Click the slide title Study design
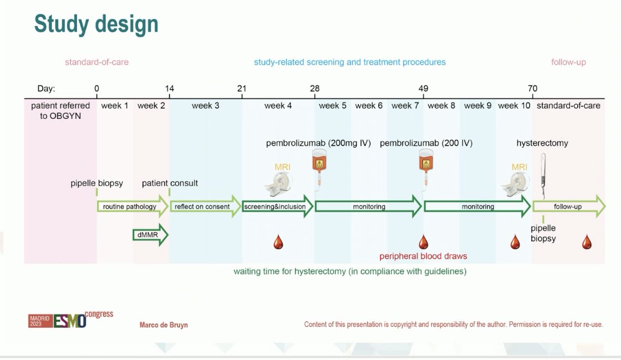96,24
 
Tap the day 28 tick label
314,88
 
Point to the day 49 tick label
423,88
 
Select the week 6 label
369,106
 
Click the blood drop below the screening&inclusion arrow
278,242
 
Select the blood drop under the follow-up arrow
587,242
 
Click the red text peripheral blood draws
423,256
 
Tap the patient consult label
170,183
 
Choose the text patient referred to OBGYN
60,111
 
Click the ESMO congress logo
70,320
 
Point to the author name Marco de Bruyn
164,325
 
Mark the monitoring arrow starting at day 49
477,207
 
